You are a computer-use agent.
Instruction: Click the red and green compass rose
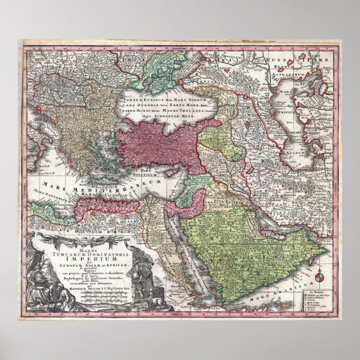[320, 278]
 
